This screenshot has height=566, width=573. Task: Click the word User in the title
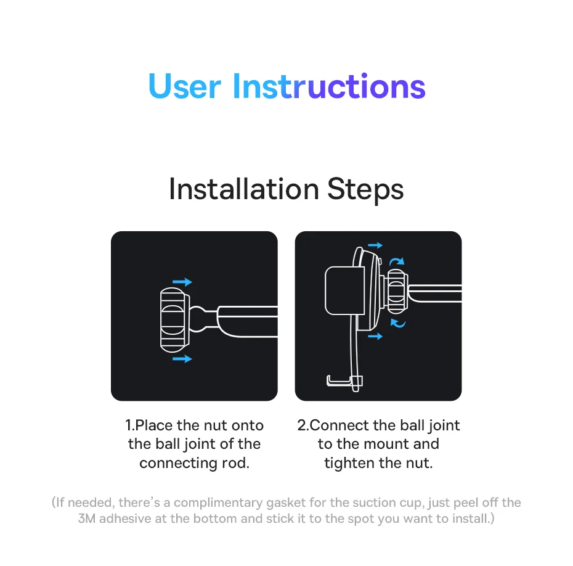[185, 86]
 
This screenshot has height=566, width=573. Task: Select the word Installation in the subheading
[244, 189]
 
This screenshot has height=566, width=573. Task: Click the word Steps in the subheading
[365, 189]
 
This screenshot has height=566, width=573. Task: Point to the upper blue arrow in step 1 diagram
[182, 282]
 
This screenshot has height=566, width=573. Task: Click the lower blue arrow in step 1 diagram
[182, 359]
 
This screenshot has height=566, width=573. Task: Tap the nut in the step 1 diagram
[175, 320]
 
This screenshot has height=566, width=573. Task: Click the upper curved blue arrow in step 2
[397, 260]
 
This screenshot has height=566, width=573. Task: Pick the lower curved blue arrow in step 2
[398, 324]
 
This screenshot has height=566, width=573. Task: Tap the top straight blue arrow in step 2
[375, 245]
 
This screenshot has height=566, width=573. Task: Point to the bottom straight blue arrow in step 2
[375, 336]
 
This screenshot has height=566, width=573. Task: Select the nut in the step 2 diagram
[397, 292]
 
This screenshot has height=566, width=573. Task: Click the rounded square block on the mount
[344, 290]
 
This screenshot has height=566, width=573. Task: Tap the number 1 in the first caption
[129, 425]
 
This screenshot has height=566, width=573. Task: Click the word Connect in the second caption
[339, 425]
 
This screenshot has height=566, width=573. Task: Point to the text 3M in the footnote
[87, 519]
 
